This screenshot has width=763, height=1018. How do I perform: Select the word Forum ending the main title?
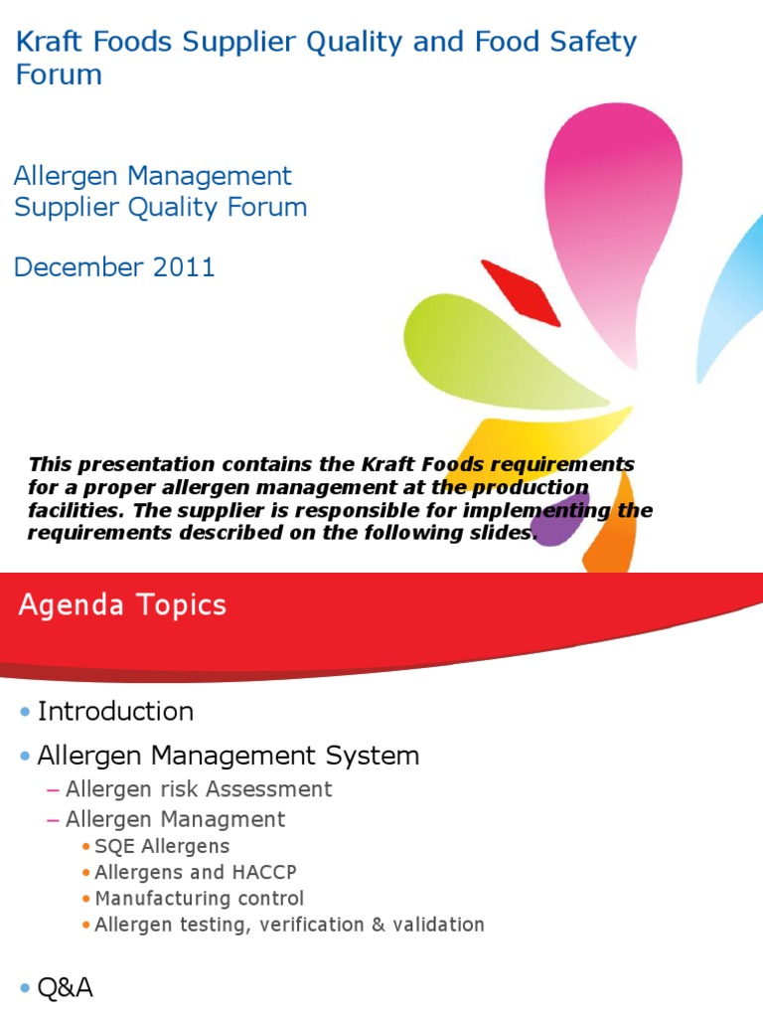(x=59, y=76)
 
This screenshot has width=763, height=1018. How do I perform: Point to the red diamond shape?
(x=521, y=291)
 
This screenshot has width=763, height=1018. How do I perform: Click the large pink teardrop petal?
(x=610, y=219)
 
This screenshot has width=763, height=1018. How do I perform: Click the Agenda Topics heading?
(x=122, y=605)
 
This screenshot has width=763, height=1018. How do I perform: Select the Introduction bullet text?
(x=115, y=712)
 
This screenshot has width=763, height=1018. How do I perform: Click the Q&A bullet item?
(x=65, y=988)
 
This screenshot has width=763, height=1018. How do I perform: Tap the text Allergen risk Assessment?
(x=199, y=789)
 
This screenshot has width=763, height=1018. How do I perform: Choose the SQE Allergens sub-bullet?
(x=162, y=847)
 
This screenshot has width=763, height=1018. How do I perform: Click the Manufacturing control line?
(x=199, y=899)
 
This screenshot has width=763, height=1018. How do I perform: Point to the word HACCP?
(x=262, y=873)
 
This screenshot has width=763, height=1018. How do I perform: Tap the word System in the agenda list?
(x=374, y=756)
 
